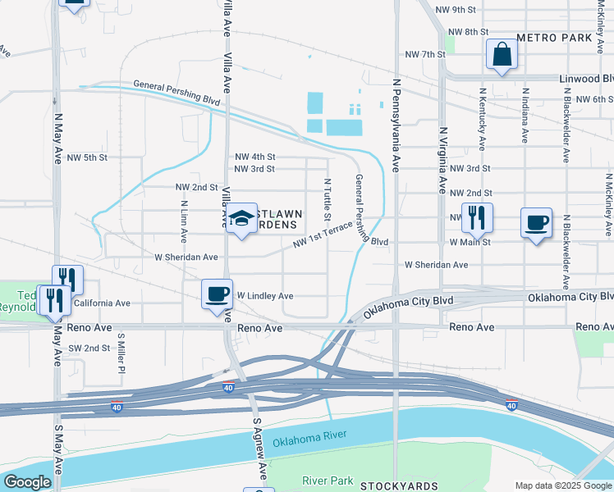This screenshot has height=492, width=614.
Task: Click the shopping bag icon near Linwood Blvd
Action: pyautogui.click(x=502, y=55)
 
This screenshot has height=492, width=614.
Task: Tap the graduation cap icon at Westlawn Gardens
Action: pyautogui.click(x=241, y=217)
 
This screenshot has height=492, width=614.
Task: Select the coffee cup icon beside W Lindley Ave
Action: pyautogui.click(x=218, y=294)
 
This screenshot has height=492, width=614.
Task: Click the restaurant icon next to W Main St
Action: pyautogui.click(x=477, y=218)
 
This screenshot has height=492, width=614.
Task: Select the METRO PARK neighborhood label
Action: pyautogui.click(x=555, y=39)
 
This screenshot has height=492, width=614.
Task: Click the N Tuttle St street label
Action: pyautogui.click(x=328, y=200)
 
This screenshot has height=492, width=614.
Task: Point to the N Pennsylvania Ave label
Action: pyautogui.click(x=396, y=125)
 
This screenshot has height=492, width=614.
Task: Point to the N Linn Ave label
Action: pyautogui.click(x=184, y=223)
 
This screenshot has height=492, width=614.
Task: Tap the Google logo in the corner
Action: pyautogui.click(x=27, y=482)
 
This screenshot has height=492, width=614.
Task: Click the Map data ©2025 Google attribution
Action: pyautogui.click(x=562, y=485)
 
